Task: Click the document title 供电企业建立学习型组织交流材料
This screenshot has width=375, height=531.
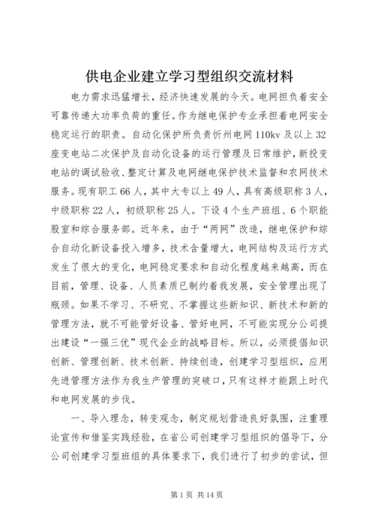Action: point(187,75)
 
